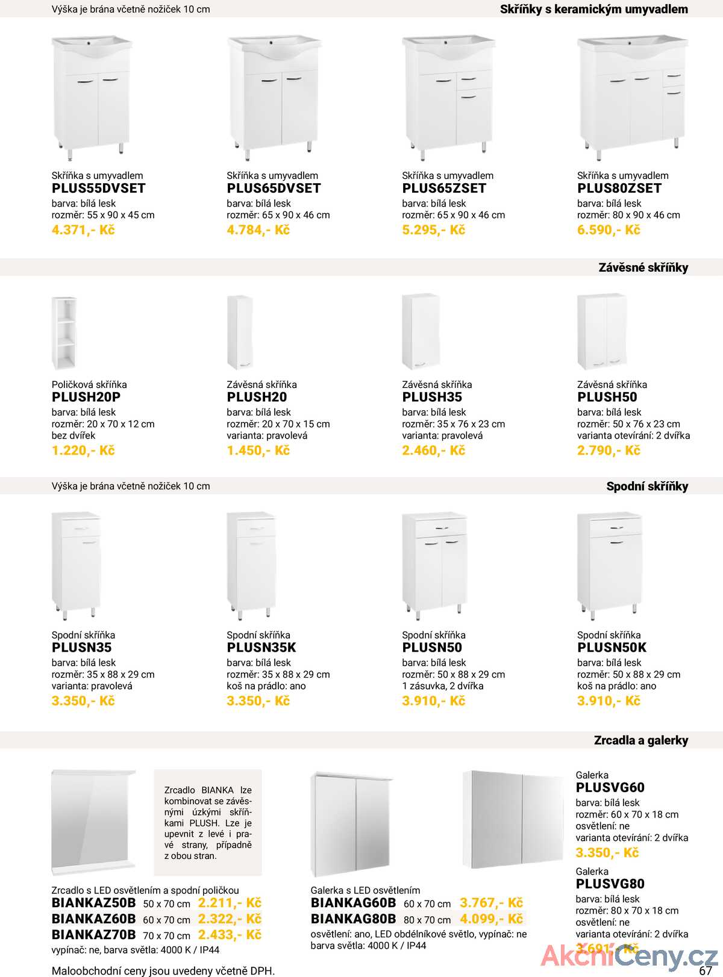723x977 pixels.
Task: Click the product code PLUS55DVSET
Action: [x=99, y=189]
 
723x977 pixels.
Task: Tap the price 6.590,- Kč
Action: [x=609, y=230]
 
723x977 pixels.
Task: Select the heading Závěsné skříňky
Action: [x=643, y=267]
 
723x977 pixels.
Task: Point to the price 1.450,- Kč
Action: [x=258, y=451]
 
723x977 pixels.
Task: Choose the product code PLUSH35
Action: [x=432, y=398]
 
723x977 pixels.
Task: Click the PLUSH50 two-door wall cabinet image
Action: [x=601, y=331]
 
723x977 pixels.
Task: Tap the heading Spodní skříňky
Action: [x=647, y=487]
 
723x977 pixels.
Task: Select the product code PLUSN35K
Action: [x=261, y=648]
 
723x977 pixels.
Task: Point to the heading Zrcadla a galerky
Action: [x=640, y=741]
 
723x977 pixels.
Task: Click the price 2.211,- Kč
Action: [x=230, y=903]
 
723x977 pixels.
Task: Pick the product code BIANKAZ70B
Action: [x=94, y=935]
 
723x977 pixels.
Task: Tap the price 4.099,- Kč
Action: [x=491, y=919]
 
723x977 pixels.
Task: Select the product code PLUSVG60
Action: [x=610, y=788]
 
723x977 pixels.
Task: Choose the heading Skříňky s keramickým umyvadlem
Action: [x=593, y=10]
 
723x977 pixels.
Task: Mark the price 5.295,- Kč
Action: [x=433, y=230]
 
